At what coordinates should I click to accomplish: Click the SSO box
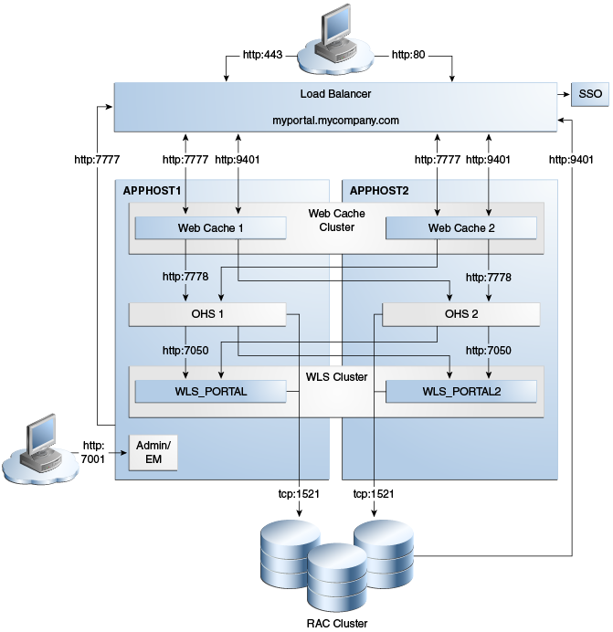pyautogui.click(x=585, y=93)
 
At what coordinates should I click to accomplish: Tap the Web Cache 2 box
pyautogui.click(x=461, y=227)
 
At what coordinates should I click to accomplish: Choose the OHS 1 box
pyautogui.click(x=208, y=315)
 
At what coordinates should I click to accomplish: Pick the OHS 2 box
pyautogui.click(x=460, y=315)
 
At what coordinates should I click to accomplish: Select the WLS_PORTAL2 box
pyautogui.click(x=461, y=392)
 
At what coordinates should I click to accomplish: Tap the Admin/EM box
pyautogui.click(x=153, y=451)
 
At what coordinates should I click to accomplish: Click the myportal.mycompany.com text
pyautogui.click(x=335, y=120)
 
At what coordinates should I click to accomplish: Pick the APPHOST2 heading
pyautogui.click(x=380, y=190)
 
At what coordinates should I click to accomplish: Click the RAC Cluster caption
pyautogui.click(x=335, y=624)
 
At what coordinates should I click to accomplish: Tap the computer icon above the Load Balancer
pyautogui.click(x=336, y=37)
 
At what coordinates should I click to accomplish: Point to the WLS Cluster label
pyautogui.click(x=336, y=376)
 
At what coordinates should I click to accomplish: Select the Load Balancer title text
pyautogui.click(x=335, y=93)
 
